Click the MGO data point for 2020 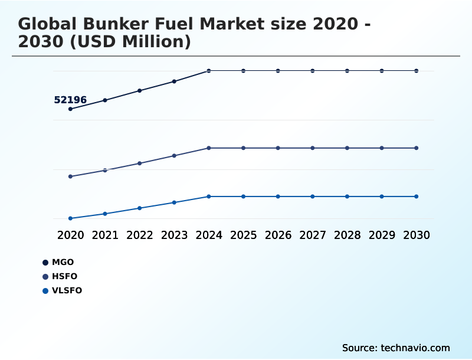coord(70,109)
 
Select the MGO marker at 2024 coord(209,71)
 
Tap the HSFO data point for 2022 coord(140,163)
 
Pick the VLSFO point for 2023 coord(174,202)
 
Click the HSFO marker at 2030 coord(417,148)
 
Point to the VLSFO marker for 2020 coord(70,218)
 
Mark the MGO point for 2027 coord(313,71)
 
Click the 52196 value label coord(70,100)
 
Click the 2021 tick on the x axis coord(105,235)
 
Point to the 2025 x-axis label coord(243,235)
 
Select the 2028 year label coord(347,235)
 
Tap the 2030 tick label coord(417,235)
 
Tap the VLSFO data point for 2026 coord(278,196)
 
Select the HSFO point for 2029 coord(382,148)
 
